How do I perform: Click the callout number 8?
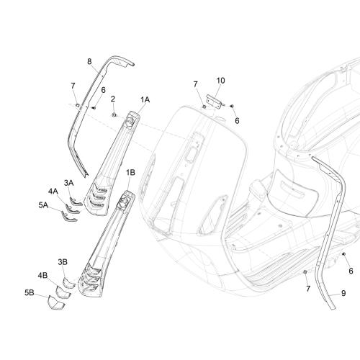click(x=89, y=62)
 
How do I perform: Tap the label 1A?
click(x=145, y=99)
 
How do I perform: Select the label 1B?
click(x=130, y=172)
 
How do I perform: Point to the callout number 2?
click(x=113, y=99)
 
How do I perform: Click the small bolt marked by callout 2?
click(x=114, y=115)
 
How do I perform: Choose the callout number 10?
click(x=220, y=81)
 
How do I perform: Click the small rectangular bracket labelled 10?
click(x=214, y=102)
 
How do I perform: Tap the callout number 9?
click(x=343, y=293)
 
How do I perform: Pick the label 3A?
click(x=68, y=183)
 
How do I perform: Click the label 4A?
click(x=53, y=192)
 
